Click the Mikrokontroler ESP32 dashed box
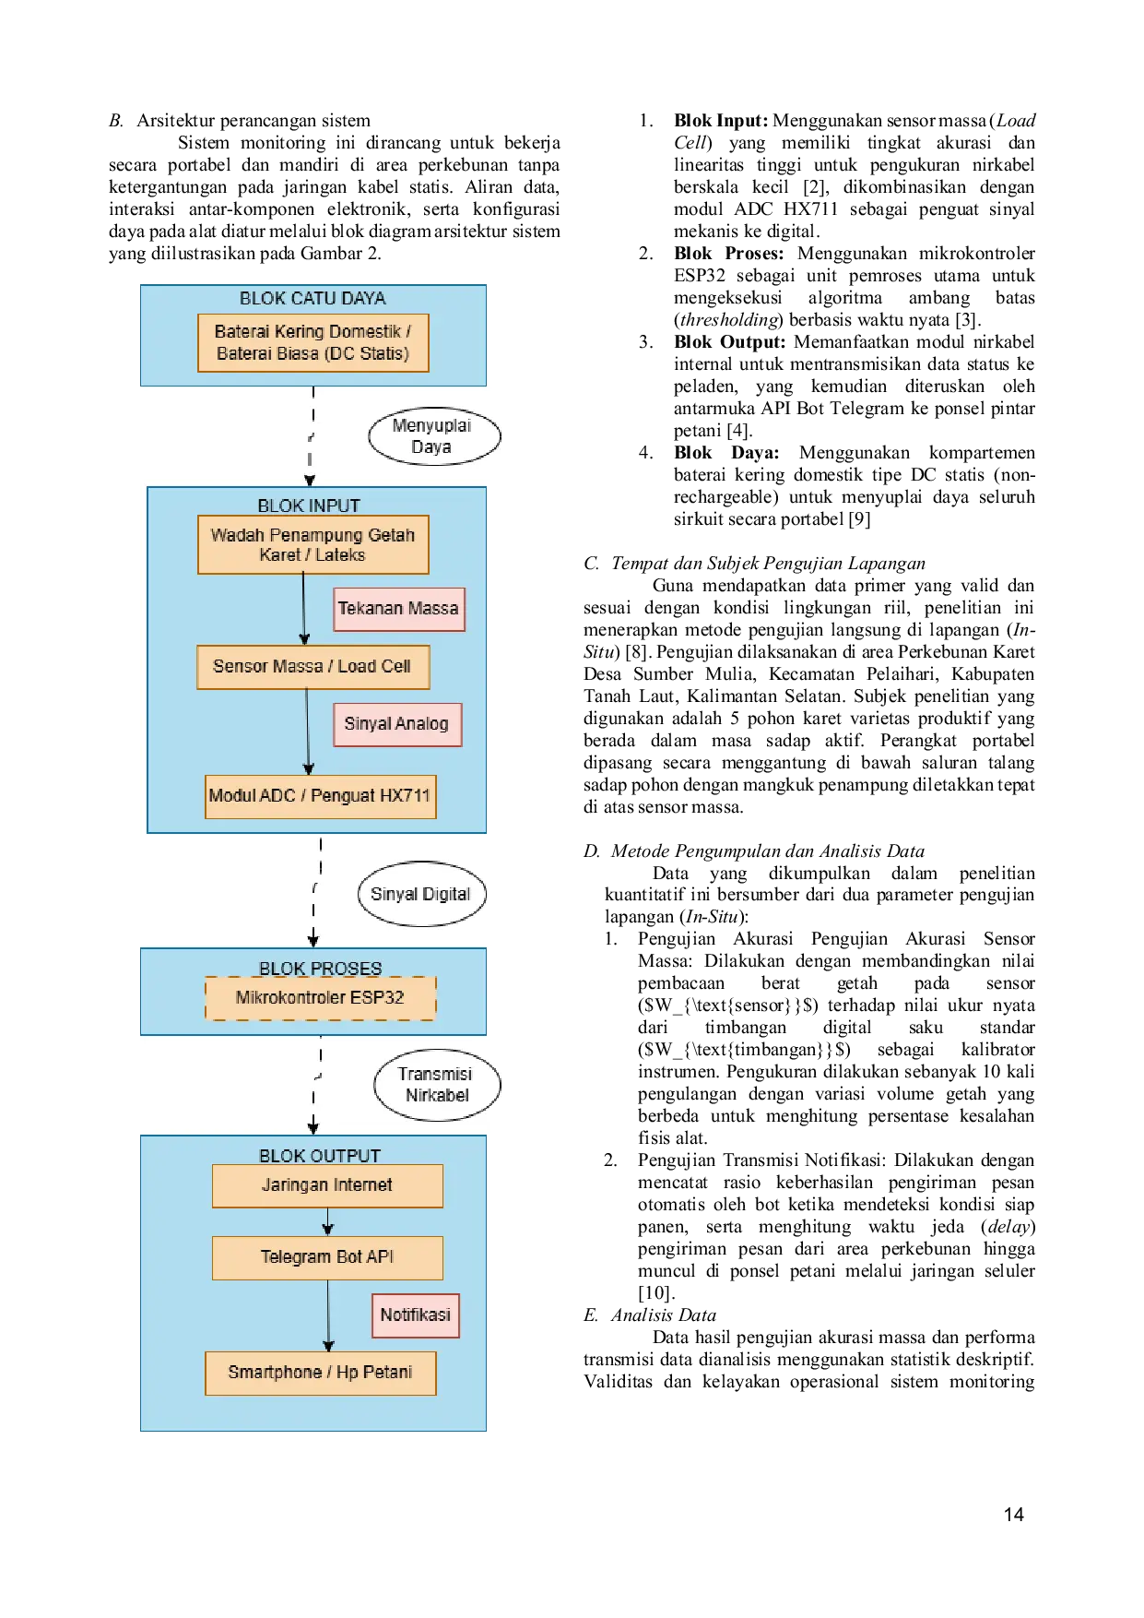pyautogui.click(x=320, y=998)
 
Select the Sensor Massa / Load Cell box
pyautogui.click(x=313, y=667)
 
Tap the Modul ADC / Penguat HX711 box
pyautogui.click(x=320, y=796)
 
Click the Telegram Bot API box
pyautogui.click(x=327, y=1257)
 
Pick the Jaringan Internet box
pyautogui.click(x=327, y=1185)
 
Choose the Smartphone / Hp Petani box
pyautogui.click(x=320, y=1373)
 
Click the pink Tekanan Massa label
pyautogui.click(x=398, y=609)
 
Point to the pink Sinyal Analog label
pyautogui.click(x=397, y=724)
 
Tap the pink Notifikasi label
pyautogui.click(x=416, y=1315)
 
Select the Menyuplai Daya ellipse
pyautogui.click(x=434, y=436)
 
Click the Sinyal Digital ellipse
pyautogui.click(x=421, y=894)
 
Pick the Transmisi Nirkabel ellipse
pyautogui.click(x=437, y=1085)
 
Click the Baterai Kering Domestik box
pyautogui.click(x=313, y=343)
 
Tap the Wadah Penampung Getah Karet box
pyautogui.click(x=313, y=544)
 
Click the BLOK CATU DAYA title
pyautogui.click(x=313, y=299)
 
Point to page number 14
pyautogui.click(x=1014, y=1515)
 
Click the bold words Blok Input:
pyautogui.click(x=721, y=121)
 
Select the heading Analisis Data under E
pyautogui.click(x=664, y=1315)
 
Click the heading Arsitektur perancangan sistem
pyautogui.click(x=254, y=121)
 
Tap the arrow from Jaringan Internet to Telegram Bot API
pyautogui.click(x=327, y=1221)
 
